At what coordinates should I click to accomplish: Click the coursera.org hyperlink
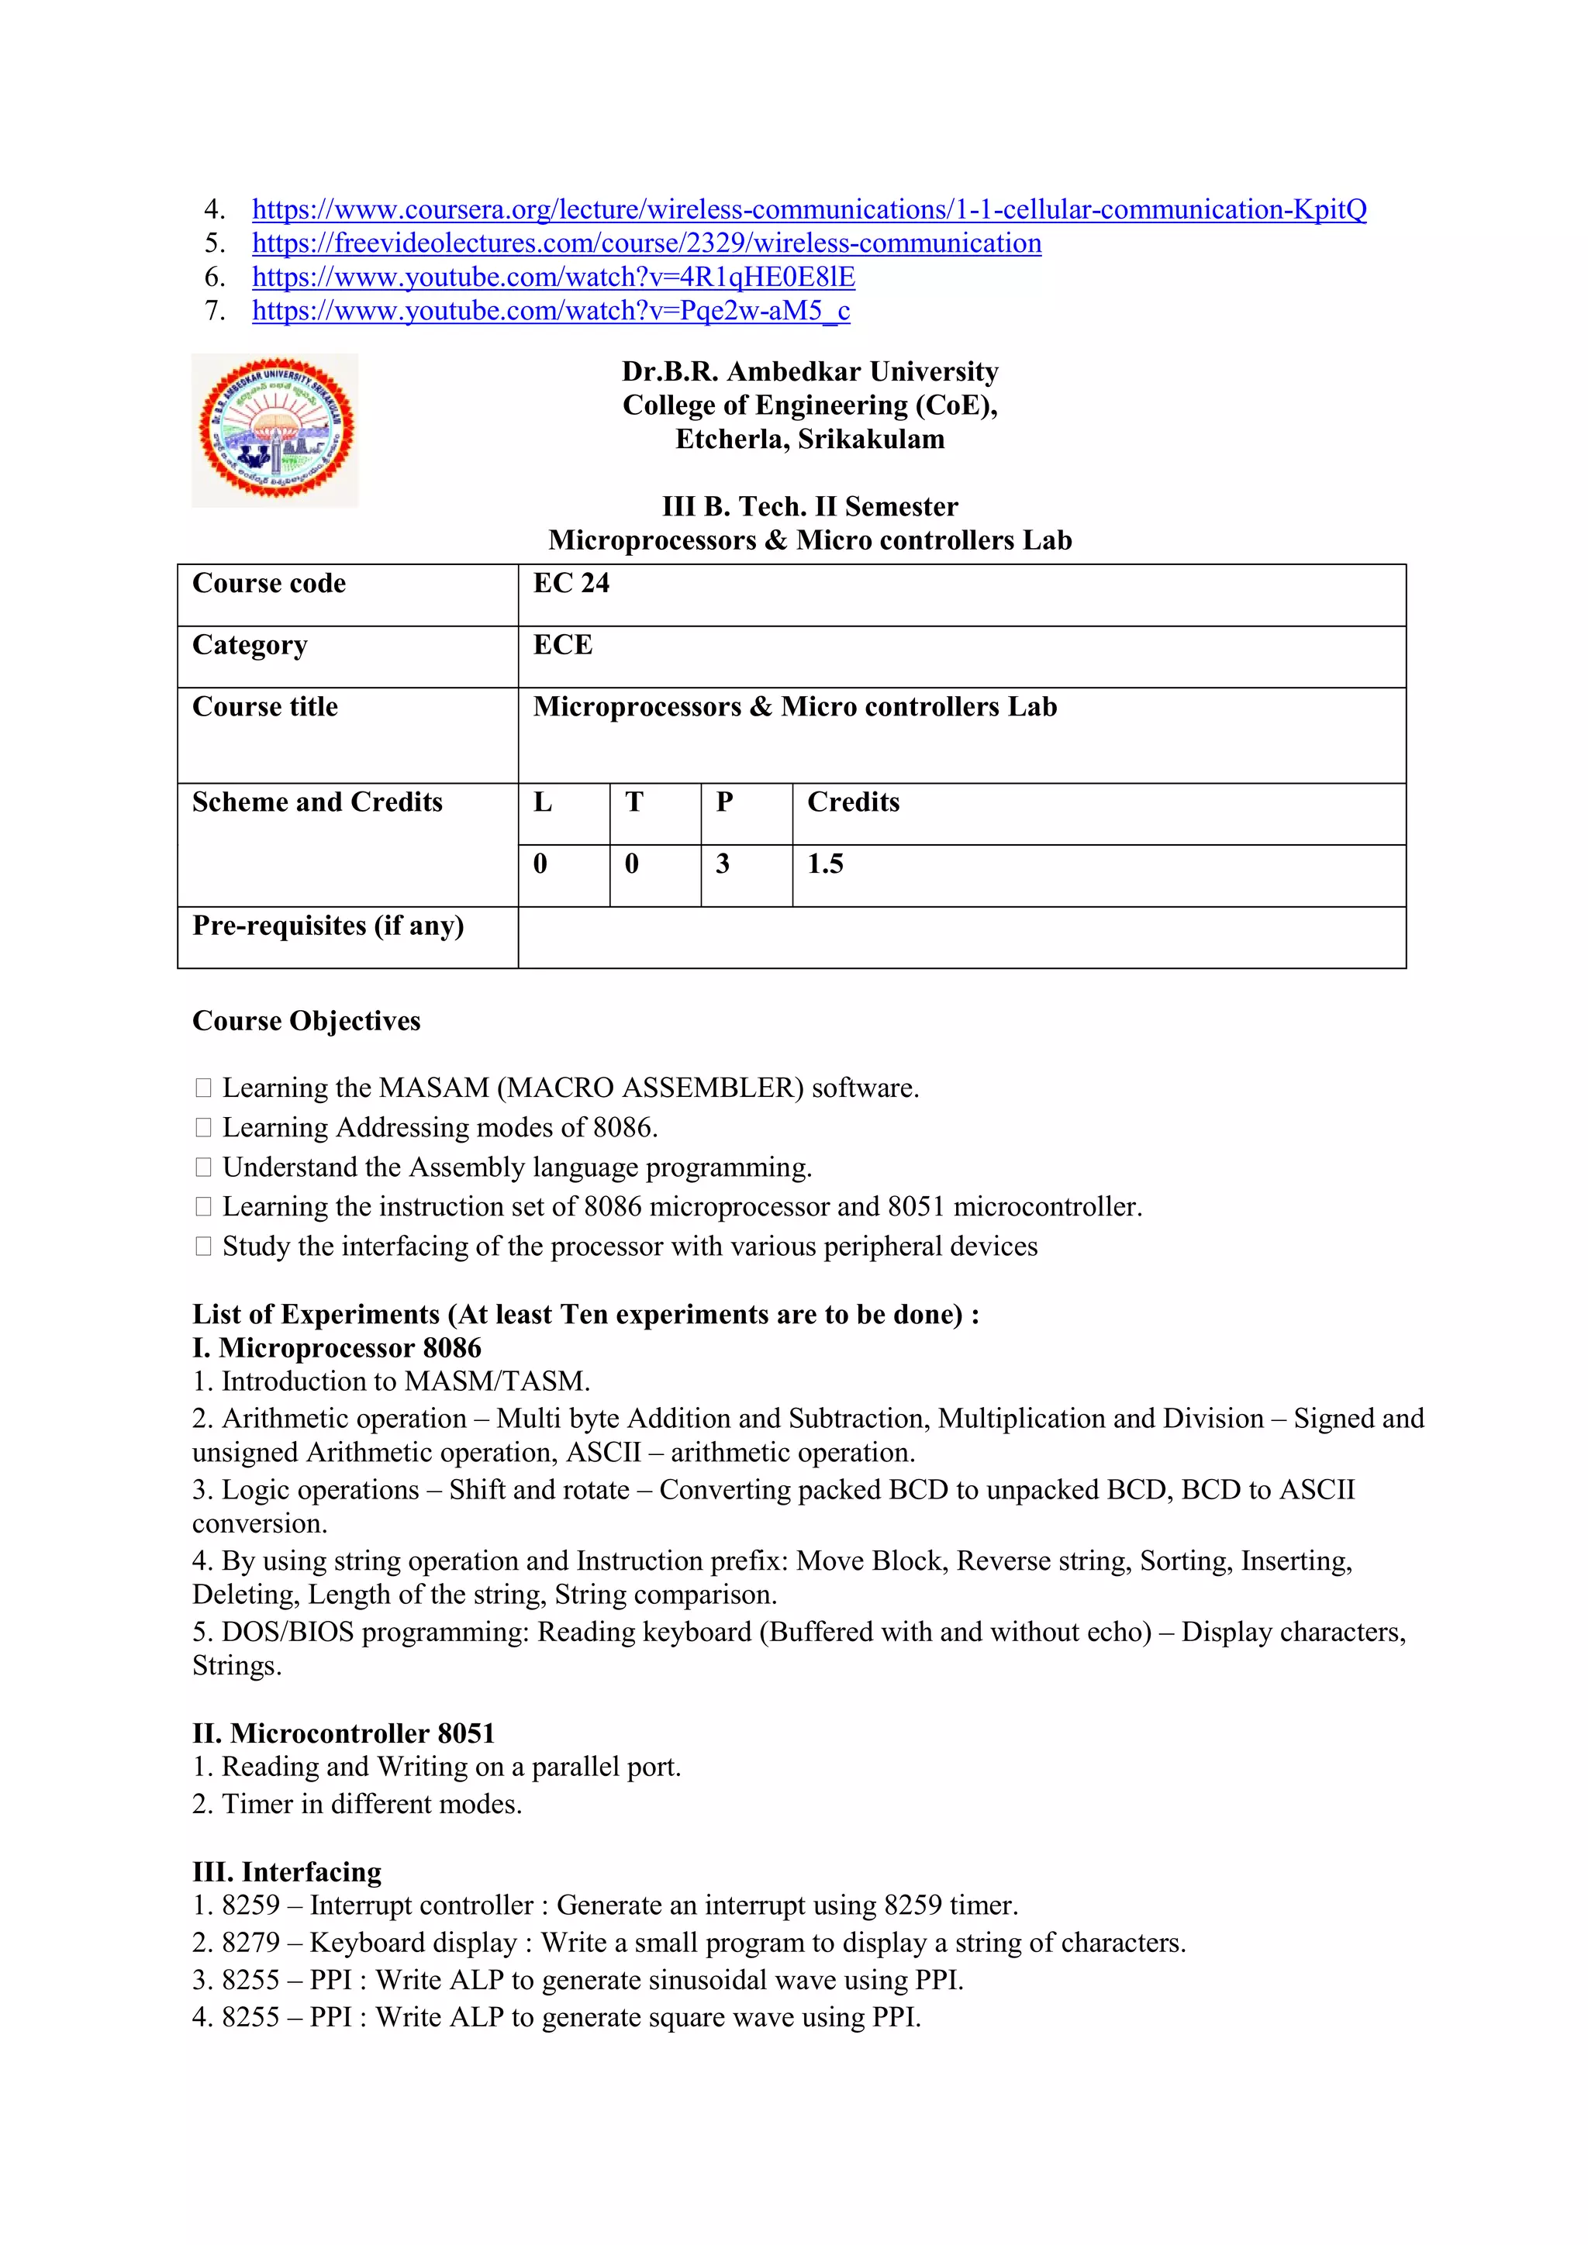[809, 209]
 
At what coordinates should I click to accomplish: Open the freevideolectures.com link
[647, 243]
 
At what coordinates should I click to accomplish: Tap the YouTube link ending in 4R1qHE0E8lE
[554, 278]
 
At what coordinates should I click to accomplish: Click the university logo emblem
[276, 430]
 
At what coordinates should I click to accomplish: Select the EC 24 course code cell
[571, 584]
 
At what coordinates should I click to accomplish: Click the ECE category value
[562, 645]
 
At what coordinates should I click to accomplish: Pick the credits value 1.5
[824, 864]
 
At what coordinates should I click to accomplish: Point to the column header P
[723, 803]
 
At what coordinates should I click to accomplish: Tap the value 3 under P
[723, 864]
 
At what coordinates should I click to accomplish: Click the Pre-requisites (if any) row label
[327, 926]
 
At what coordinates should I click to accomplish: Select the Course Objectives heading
[306, 1021]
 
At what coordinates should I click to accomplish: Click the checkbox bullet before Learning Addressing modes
[203, 1129]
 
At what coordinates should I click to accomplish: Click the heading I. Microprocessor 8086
[337, 1348]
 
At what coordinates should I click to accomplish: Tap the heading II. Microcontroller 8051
[343, 1733]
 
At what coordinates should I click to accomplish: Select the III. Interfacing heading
[286, 1871]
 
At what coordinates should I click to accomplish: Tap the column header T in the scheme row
[633, 803]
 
